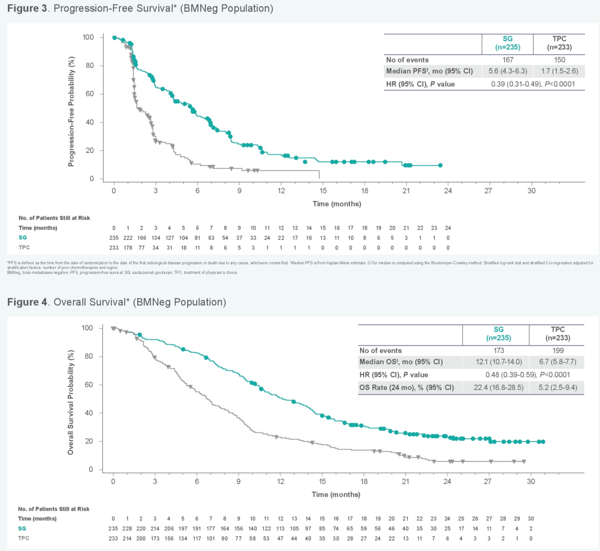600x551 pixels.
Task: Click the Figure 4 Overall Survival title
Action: coord(116,302)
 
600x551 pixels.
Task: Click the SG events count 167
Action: coord(508,59)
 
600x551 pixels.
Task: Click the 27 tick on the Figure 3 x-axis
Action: coord(489,190)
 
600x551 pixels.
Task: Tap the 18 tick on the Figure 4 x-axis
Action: coord(364,481)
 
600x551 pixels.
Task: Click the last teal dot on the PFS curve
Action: coord(440,165)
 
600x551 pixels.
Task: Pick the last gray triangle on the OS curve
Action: coord(524,461)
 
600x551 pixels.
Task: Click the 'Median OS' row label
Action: coord(401,362)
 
